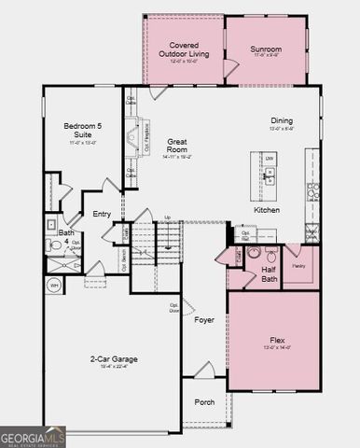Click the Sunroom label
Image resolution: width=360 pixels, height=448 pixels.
267,49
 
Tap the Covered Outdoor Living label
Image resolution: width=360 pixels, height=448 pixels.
183,50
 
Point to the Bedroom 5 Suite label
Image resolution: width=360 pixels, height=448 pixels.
80,130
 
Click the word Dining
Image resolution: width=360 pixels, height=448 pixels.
281,120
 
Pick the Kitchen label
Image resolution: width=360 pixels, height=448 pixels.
268,210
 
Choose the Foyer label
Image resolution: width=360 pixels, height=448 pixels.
204,320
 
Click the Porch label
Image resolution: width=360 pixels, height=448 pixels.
204,402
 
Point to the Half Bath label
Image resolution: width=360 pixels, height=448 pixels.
270,274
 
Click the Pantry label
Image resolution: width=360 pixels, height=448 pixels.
300,266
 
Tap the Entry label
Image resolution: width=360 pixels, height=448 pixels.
102,214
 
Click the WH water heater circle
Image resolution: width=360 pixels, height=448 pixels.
55,286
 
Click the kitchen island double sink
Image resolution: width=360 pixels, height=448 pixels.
270,177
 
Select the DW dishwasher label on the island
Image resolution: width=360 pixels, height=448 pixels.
269,159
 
